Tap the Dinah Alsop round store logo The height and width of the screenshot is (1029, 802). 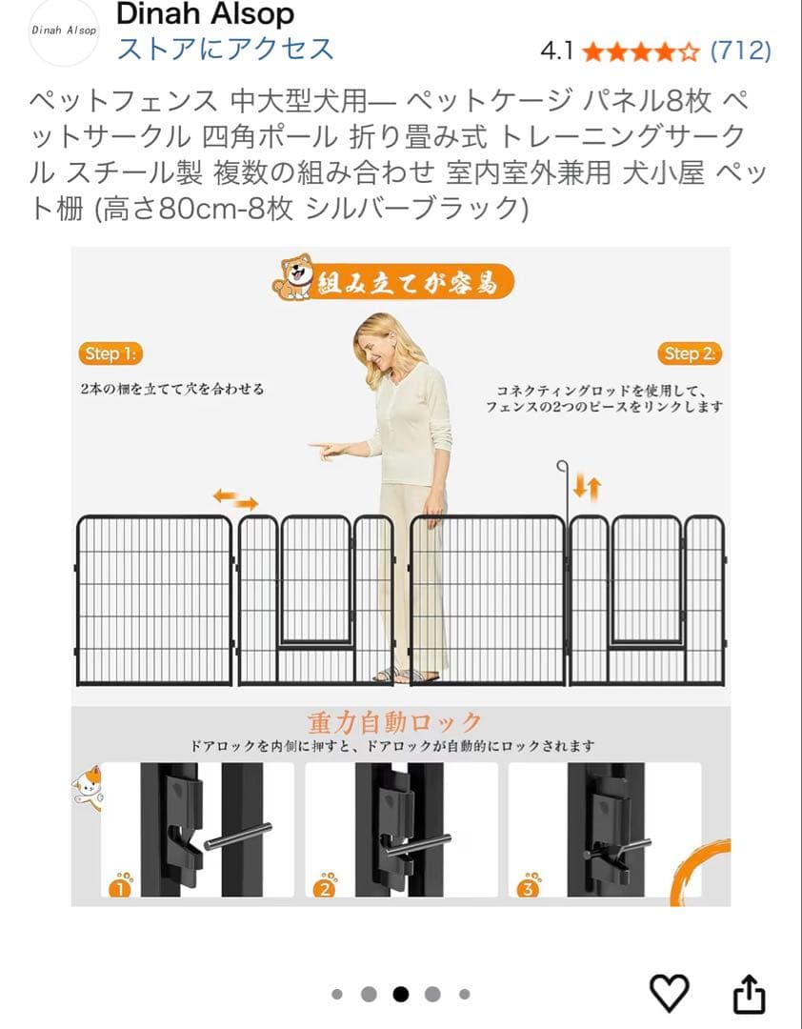click(63, 30)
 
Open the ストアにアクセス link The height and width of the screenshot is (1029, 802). click(225, 49)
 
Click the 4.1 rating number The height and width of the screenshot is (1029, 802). click(556, 50)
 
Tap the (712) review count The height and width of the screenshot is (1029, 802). click(740, 50)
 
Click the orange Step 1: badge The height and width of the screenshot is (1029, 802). click(110, 353)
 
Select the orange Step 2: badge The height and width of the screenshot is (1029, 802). click(689, 353)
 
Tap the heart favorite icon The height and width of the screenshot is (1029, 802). click(669, 993)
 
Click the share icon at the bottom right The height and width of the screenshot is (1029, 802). click(749, 993)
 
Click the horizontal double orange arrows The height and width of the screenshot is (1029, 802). click(234, 498)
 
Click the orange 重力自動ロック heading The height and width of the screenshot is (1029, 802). click(394, 721)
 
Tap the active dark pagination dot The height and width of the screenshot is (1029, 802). click(400, 994)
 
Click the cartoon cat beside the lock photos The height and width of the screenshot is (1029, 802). click(88, 786)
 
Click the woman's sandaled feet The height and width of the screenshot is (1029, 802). click(405, 675)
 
